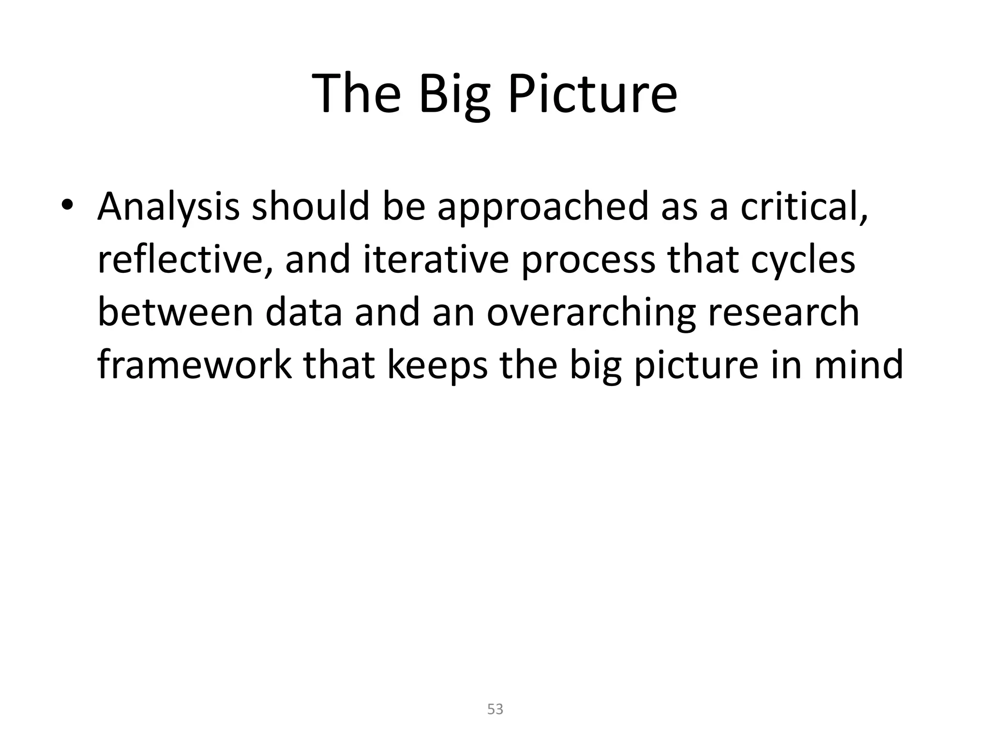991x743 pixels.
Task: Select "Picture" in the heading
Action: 592,94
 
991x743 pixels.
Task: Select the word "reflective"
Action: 185,260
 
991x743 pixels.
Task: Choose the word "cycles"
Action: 803,261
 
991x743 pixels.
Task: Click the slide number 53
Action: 495,709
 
